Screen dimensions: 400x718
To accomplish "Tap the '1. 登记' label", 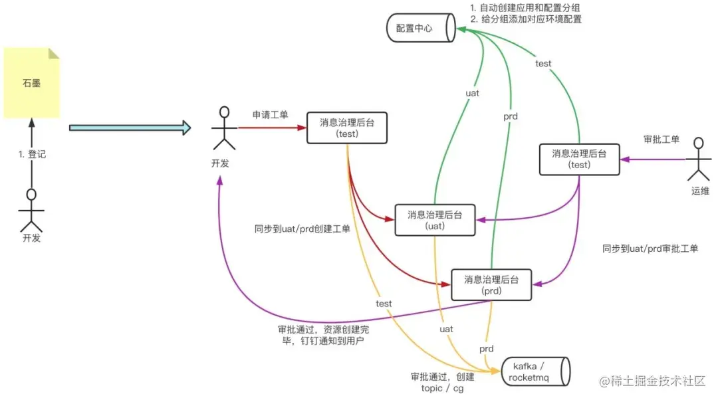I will (32, 154).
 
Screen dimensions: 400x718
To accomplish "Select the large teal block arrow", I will (130, 127).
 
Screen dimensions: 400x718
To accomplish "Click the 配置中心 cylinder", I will (419, 29).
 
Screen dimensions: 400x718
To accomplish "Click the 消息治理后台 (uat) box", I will (435, 220).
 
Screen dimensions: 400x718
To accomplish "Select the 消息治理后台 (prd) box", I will (491, 284).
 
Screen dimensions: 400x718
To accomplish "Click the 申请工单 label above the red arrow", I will (270, 115).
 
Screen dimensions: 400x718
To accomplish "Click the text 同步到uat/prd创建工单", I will (302, 229).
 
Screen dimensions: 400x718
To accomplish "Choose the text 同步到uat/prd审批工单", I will (650, 249).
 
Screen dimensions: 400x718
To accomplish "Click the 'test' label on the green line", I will (543, 64).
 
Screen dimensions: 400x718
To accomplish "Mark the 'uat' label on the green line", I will (472, 94).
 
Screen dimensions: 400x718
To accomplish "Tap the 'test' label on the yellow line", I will (384, 304).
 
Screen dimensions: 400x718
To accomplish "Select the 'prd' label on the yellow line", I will (487, 349).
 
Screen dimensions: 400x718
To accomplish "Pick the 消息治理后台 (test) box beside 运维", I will (579, 159).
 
